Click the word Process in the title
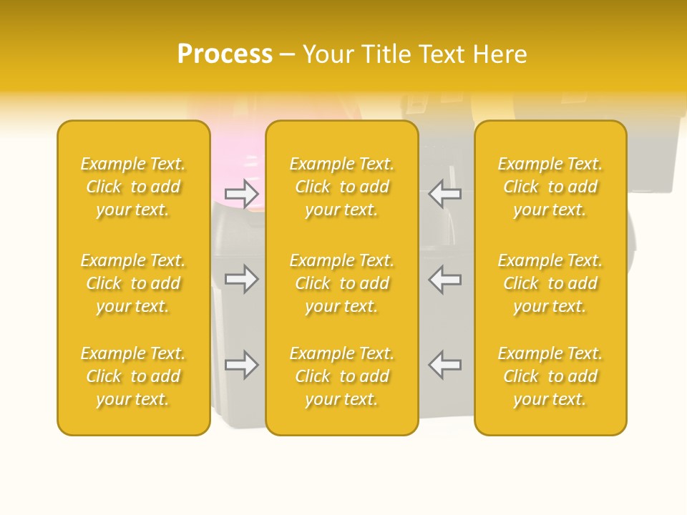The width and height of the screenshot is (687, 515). (x=225, y=54)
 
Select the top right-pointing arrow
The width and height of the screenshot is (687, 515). (x=241, y=193)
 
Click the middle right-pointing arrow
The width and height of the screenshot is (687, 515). (x=241, y=279)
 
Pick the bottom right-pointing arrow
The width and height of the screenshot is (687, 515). (x=241, y=366)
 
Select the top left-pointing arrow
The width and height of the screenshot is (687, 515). (x=444, y=193)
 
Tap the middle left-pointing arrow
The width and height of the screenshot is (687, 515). (x=444, y=279)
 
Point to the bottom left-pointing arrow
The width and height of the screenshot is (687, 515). (x=444, y=366)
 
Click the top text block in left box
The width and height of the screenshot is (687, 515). (x=133, y=187)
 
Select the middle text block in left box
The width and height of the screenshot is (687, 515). (x=133, y=283)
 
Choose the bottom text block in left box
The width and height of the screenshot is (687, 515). (x=133, y=376)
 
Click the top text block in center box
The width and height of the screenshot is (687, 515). (x=342, y=187)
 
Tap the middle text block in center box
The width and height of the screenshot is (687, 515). (x=342, y=283)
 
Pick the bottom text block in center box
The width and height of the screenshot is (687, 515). (x=342, y=376)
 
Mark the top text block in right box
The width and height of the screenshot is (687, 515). (x=550, y=187)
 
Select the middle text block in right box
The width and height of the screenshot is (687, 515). (x=550, y=283)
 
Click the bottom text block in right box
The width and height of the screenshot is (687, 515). (x=550, y=376)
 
